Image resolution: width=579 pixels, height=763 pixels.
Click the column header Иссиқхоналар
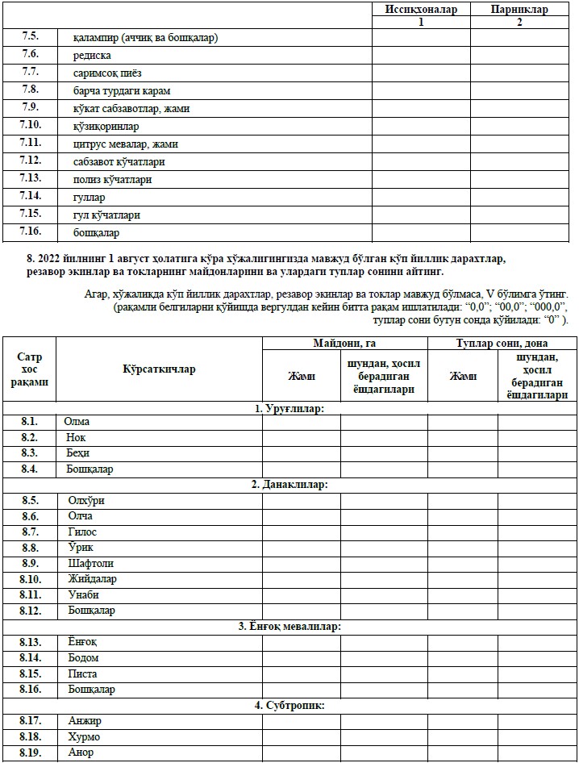420,10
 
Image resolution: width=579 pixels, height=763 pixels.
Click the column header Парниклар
519,10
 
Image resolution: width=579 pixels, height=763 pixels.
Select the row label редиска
92,56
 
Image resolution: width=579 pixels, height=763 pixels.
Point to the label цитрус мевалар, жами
125,144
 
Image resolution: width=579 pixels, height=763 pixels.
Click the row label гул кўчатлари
106,215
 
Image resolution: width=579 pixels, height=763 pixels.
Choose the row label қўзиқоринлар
106,127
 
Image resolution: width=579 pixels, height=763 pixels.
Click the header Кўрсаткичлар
160,369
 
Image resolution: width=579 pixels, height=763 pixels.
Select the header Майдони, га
344,344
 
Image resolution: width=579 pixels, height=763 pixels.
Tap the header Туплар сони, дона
502,344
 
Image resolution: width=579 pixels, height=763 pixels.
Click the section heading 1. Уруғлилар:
289,409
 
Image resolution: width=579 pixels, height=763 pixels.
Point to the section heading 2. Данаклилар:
289,485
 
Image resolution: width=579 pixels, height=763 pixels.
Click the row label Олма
77,422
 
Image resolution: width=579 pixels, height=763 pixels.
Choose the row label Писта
83,674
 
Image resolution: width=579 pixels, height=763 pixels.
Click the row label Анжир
85,721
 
